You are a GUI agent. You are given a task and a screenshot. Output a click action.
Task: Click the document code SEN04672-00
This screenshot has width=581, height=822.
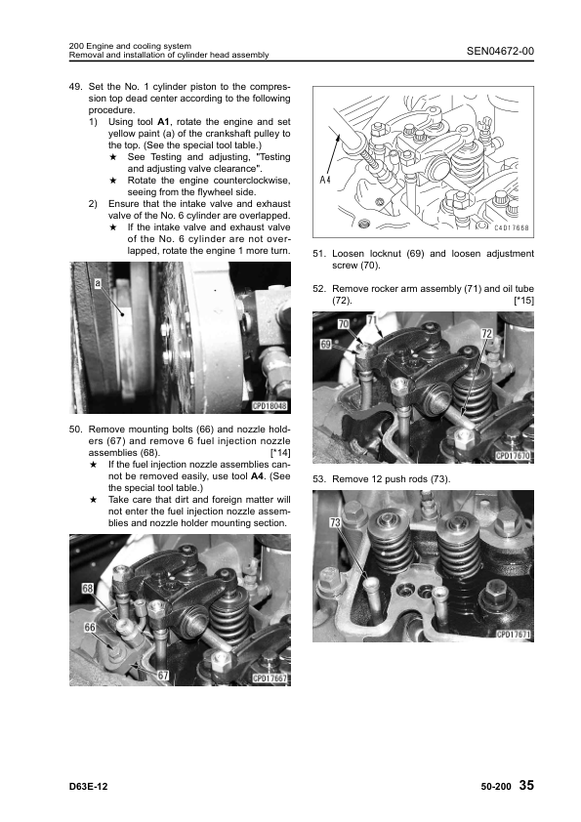tap(500, 51)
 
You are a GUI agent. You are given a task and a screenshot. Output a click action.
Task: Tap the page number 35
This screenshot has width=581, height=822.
tap(526, 785)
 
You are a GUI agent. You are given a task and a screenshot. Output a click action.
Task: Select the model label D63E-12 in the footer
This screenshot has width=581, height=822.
tap(88, 786)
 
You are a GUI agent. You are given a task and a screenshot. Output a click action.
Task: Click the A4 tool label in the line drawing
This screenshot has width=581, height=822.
tap(325, 180)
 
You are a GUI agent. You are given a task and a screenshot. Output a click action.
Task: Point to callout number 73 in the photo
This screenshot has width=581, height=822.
tap(335, 522)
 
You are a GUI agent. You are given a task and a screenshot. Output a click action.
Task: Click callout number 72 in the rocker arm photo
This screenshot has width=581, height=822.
tap(486, 334)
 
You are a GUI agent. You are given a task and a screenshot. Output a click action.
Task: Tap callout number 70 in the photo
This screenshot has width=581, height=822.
tap(343, 324)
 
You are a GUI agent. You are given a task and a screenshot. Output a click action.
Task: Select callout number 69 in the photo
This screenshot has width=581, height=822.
tap(325, 345)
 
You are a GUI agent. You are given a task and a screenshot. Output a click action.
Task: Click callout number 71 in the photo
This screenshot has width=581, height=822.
tap(372, 320)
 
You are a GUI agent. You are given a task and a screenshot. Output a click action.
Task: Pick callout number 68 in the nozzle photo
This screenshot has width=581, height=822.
tap(88, 589)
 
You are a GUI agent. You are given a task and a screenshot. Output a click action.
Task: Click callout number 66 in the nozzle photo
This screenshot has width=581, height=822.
tap(90, 628)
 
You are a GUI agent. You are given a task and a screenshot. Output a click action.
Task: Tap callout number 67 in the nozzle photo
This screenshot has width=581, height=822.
tap(163, 676)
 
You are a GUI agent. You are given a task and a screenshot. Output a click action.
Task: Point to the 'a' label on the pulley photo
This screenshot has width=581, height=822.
tap(98, 284)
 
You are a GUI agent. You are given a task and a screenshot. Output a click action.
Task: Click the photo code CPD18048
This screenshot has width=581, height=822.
tap(270, 406)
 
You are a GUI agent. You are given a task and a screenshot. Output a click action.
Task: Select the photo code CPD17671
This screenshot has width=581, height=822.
tap(514, 635)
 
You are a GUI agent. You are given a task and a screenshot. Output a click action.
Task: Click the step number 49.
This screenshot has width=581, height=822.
tap(75, 87)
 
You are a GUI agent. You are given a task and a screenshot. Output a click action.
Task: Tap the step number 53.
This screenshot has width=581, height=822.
tap(318, 479)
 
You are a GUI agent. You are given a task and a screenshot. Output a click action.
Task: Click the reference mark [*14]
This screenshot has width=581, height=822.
tap(280, 453)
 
